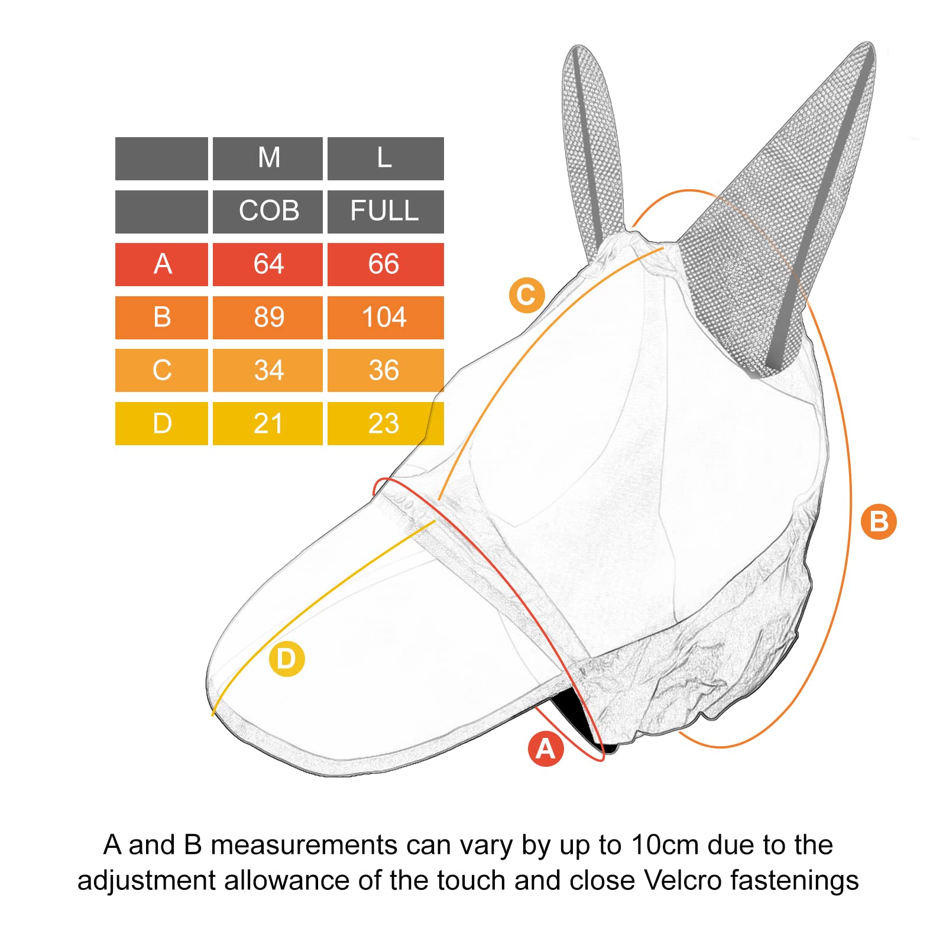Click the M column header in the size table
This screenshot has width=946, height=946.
[x=268, y=158]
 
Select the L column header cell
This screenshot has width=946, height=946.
[x=385, y=158]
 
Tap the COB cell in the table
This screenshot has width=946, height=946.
[x=268, y=212]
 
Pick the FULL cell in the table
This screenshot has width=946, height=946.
[x=385, y=212]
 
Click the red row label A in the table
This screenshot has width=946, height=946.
[x=161, y=264]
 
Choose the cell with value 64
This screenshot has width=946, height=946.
[x=268, y=264]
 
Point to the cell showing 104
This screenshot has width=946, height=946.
[x=385, y=318]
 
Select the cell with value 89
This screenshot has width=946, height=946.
[x=268, y=318]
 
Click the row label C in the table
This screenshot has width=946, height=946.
[x=161, y=370]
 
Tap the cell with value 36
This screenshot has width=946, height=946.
[x=385, y=370]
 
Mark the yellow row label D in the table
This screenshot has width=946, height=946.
[x=161, y=423]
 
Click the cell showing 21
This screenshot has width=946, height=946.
[x=268, y=423]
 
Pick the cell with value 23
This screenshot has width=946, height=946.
[x=385, y=423]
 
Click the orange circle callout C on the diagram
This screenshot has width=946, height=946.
[x=526, y=295]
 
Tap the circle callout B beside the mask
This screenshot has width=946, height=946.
[x=879, y=521]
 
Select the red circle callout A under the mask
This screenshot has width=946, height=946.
[x=546, y=749]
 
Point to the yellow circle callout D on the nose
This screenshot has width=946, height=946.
[x=287, y=659]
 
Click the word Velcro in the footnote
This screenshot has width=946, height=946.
[x=683, y=880]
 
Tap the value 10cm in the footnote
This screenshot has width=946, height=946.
[x=665, y=845]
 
